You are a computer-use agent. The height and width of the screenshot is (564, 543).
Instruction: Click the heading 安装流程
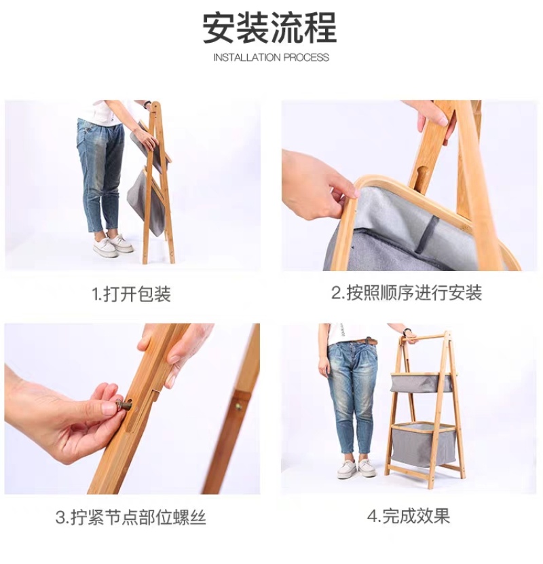click(270, 28)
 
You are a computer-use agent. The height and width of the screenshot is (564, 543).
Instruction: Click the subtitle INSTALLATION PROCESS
click(271, 58)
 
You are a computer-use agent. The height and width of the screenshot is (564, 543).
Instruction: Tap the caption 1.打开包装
click(132, 294)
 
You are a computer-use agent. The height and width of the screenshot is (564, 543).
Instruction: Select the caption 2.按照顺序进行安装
click(407, 293)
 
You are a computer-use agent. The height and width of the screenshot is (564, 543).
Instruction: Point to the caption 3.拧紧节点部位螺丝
click(131, 517)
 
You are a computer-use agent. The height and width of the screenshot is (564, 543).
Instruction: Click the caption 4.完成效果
click(408, 516)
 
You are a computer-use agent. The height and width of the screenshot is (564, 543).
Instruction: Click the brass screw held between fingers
click(122, 406)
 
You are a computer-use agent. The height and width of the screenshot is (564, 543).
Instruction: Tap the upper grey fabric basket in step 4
click(422, 383)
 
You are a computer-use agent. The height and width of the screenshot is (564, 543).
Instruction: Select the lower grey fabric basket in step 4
click(423, 445)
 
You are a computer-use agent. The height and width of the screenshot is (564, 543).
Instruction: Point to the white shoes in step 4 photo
click(356, 468)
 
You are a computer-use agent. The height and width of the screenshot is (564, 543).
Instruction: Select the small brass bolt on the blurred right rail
click(238, 407)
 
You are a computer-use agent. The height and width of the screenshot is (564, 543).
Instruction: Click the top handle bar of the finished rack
click(424, 338)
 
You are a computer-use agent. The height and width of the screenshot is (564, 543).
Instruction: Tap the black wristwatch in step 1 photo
click(147, 105)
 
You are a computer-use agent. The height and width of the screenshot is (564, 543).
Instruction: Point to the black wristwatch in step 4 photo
click(407, 333)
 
